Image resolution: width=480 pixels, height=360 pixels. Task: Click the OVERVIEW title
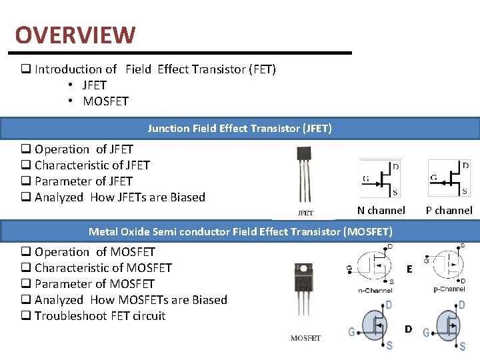tap(75, 35)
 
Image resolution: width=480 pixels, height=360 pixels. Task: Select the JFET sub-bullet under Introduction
tap(94, 85)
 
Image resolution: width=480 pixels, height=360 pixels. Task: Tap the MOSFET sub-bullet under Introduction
tap(105, 101)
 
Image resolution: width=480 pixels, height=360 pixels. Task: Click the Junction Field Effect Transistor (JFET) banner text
tap(240, 128)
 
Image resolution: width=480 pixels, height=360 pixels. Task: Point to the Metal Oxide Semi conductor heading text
tap(241, 232)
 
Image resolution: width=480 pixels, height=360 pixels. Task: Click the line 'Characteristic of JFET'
tap(92, 165)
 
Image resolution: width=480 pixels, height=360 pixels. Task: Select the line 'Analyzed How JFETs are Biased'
tap(119, 197)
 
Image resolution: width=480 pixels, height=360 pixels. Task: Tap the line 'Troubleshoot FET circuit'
tap(99, 316)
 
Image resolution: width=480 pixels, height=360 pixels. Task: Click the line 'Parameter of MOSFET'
tap(94, 284)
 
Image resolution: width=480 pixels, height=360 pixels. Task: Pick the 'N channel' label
tap(381, 211)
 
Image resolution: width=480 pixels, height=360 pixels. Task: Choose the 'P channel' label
tap(449, 211)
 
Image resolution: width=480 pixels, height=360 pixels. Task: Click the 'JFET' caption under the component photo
tap(305, 213)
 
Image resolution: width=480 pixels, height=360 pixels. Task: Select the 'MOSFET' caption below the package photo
tap(305, 339)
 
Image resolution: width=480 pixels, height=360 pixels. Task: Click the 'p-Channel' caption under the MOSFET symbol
tap(449, 289)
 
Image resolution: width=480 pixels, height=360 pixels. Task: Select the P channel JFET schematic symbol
tap(449, 178)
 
